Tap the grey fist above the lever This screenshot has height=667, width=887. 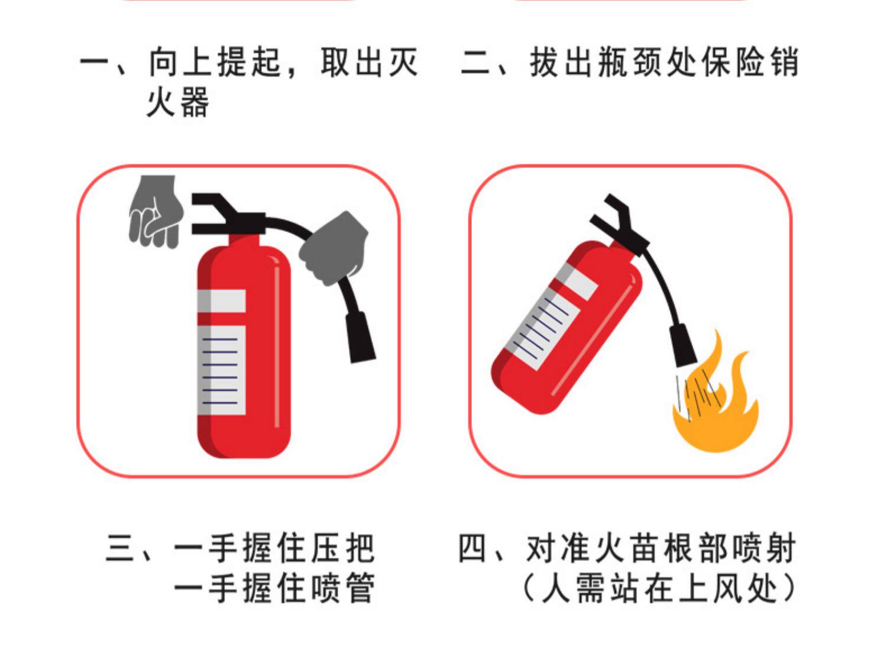156,212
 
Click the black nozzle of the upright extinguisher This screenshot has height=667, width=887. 360,337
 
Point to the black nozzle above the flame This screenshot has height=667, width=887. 682,345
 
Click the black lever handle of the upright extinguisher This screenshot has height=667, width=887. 226,214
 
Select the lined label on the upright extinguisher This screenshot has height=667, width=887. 221,370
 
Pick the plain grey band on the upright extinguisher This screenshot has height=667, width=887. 221,301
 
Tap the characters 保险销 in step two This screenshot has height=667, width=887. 750,63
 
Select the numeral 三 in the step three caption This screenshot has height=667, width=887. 119,548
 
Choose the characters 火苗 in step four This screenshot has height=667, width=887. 626,548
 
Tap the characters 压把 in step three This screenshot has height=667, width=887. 342,548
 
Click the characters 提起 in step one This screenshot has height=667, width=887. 249,63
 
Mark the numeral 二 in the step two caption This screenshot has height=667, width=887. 475,63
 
